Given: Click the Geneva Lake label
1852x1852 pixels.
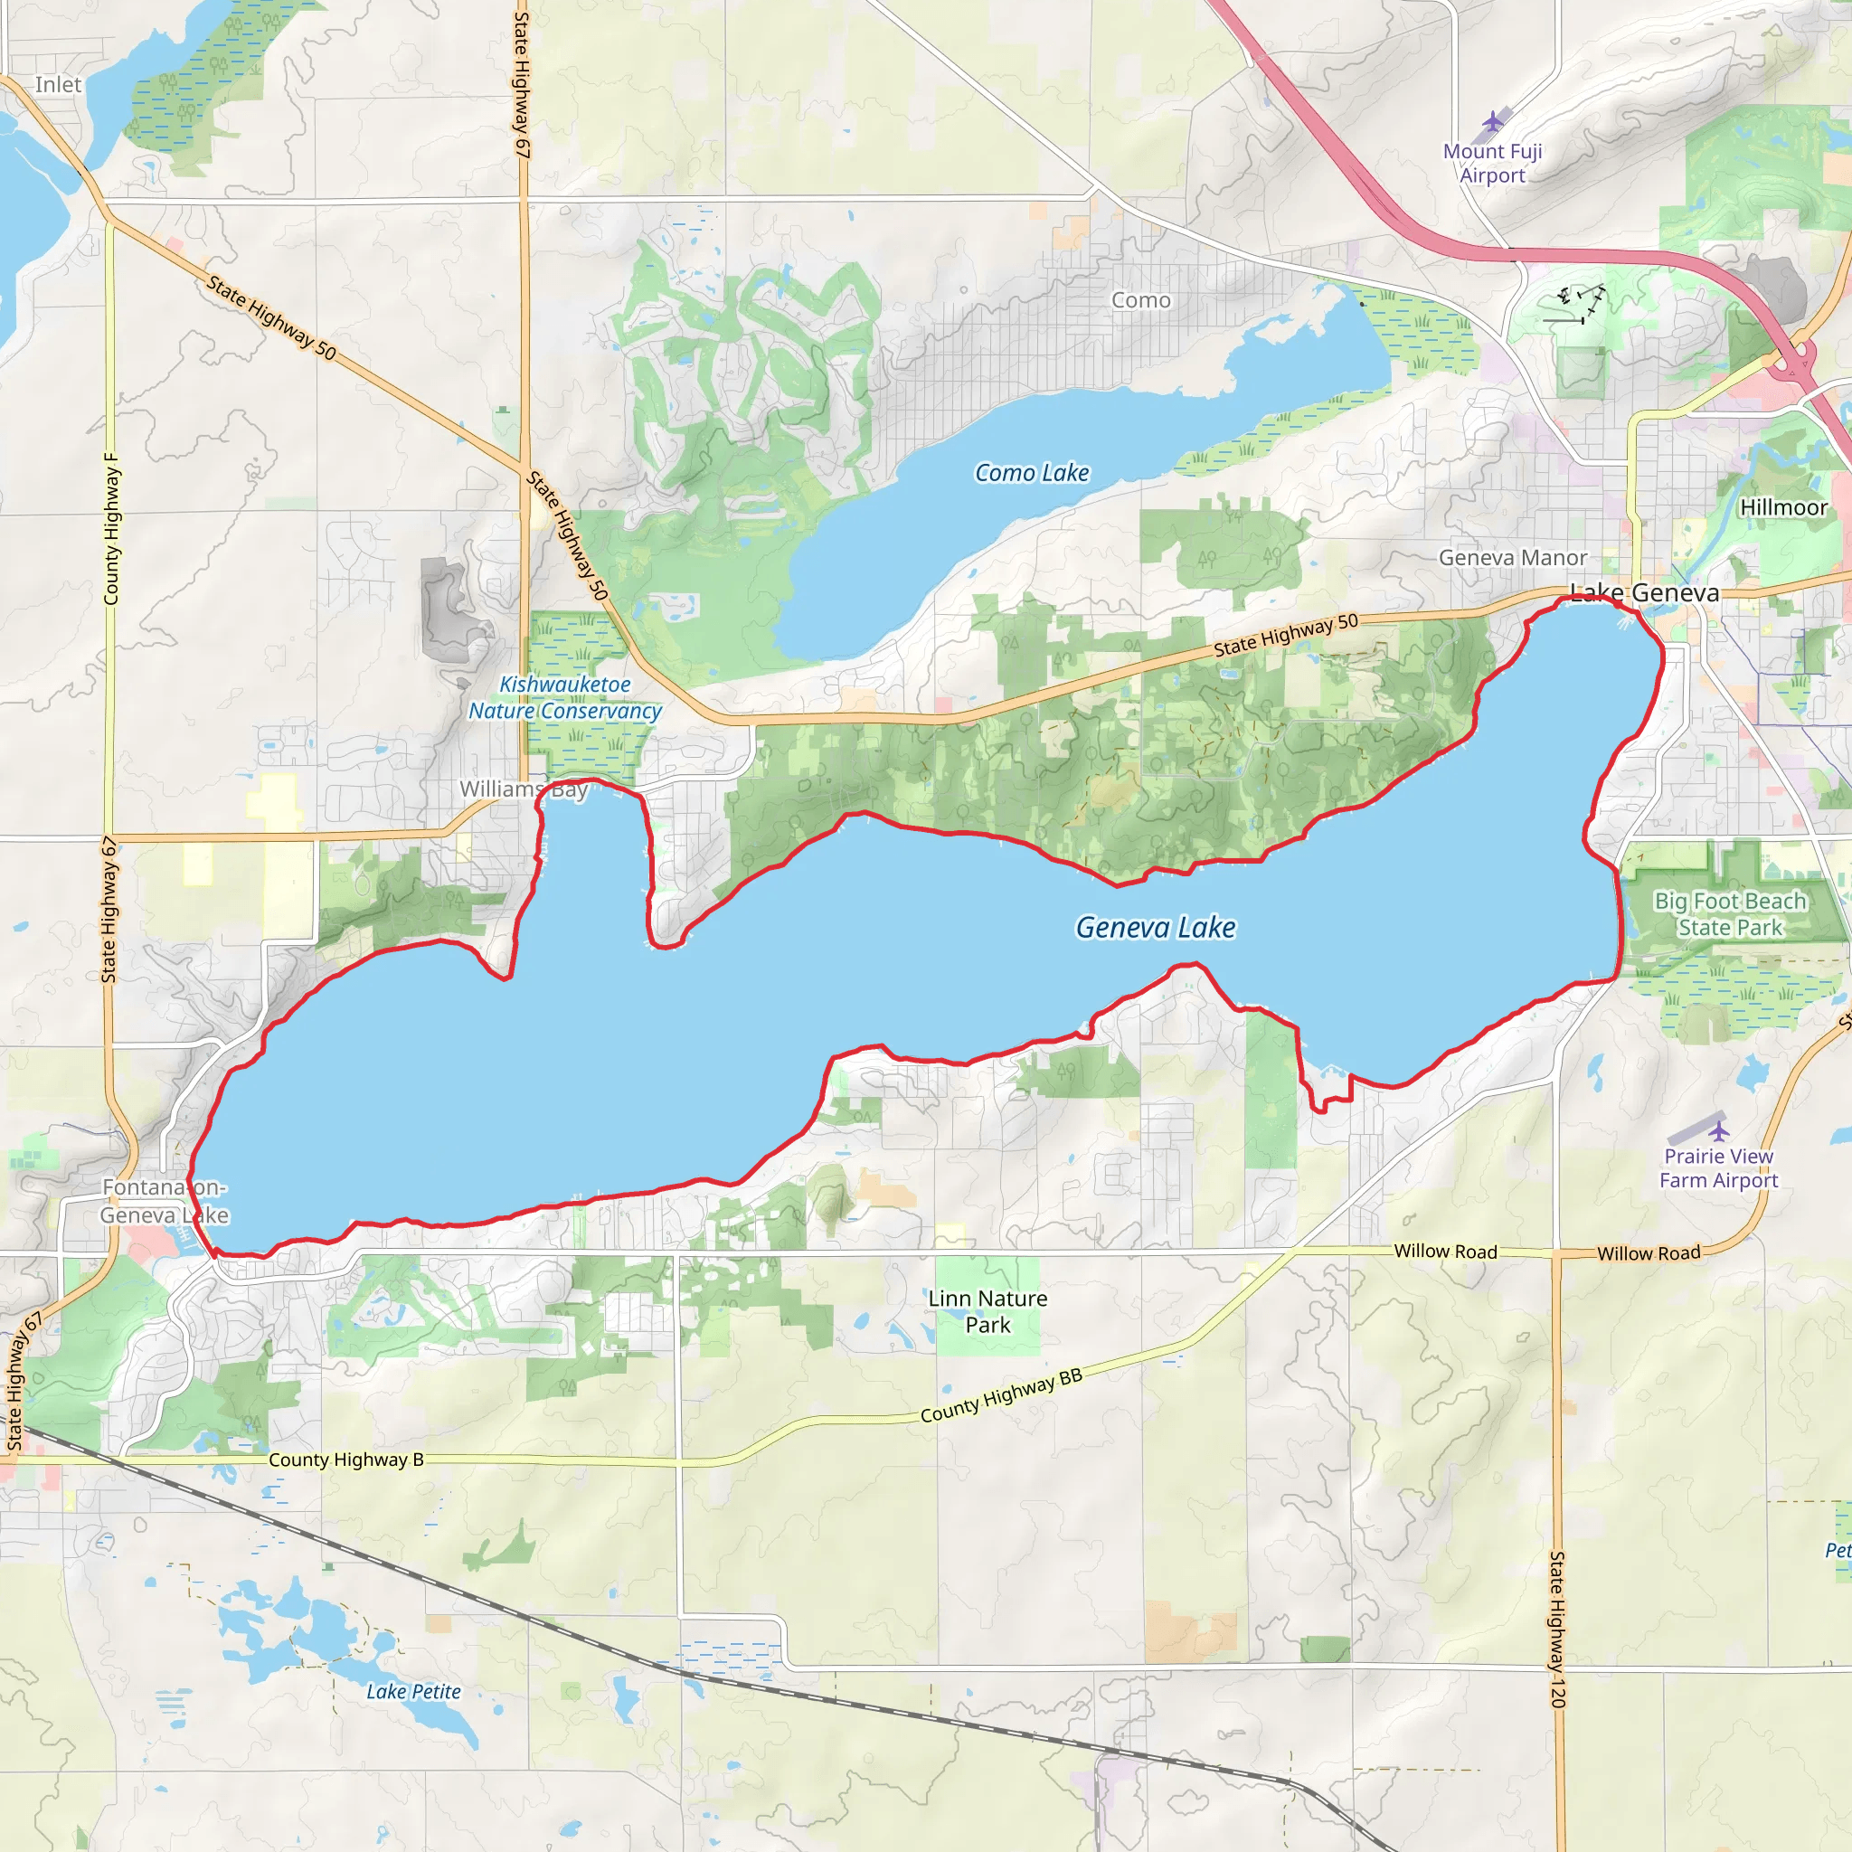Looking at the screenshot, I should point(1155,927).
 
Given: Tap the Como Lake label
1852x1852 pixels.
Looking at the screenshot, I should point(1032,473).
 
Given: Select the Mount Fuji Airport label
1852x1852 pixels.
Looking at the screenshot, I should point(1492,163).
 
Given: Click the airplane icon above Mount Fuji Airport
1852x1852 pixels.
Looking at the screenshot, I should point(1492,123).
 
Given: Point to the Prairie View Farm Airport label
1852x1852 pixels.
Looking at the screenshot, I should point(1718,1167).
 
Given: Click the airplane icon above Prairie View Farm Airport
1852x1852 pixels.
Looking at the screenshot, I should point(1719,1130).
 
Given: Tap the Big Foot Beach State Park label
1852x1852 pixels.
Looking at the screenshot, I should point(1730,913).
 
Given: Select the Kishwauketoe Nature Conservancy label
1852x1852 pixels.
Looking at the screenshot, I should point(564,697).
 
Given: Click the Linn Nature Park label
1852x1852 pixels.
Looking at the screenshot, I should point(987,1311).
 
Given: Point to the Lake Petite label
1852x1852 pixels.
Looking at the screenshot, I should point(413,1692).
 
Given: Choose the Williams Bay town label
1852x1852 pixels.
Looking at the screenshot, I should point(523,789).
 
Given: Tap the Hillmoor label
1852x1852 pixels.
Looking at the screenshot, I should point(1783,508).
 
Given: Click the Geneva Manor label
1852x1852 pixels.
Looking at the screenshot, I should point(1513,557).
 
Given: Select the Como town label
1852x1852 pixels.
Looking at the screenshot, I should point(1140,300).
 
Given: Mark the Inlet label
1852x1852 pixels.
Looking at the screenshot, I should point(59,84).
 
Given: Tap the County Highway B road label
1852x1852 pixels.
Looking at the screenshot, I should point(345,1459).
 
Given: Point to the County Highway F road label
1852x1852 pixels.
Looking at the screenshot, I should point(111,529).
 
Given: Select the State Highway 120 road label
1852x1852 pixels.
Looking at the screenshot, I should point(1557,1629).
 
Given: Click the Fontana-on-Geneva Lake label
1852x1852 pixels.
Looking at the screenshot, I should point(164,1201).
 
